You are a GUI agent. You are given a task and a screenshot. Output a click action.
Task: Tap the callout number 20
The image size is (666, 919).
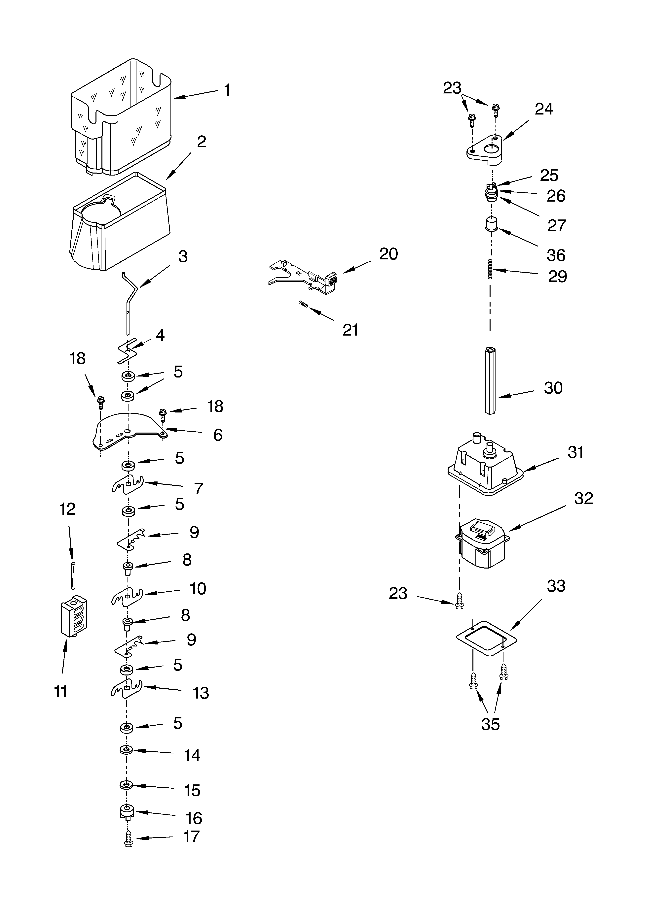point(388,254)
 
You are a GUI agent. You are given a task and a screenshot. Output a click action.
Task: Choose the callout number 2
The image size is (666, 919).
point(201,142)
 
